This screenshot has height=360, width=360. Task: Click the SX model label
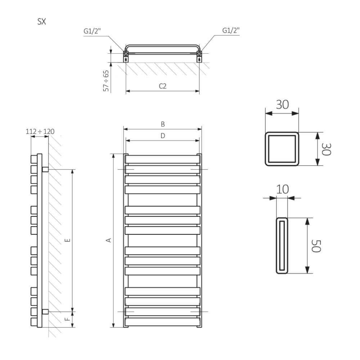pyautogui.click(x=42, y=22)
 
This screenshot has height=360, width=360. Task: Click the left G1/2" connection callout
pyautogui.click(x=92, y=31)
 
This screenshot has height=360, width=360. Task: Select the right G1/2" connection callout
pyautogui.click(x=231, y=31)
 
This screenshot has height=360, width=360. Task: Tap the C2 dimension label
pyautogui.click(x=162, y=86)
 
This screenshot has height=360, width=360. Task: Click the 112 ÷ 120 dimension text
pyautogui.click(x=40, y=131)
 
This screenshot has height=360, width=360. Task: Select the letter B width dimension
pyautogui.click(x=163, y=124)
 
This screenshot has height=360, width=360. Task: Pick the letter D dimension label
pyautogui.click(x=163, y=136)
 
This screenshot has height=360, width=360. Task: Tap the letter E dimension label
pyautogui.click(x=68, y=240)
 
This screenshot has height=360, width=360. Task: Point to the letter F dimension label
pyautogui.click(x=68, y=319)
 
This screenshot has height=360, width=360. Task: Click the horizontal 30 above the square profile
pyautogui.click(x=282, y=104)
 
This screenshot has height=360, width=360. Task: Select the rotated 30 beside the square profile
pyautogui.click(x=326, y=149)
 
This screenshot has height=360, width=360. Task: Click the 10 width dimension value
pyautogui.click(x=283, y=189)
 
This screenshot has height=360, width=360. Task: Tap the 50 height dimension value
pyautogui.click(x=316, y=246)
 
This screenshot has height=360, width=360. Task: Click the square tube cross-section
pyautogui.click(x=282, y=149)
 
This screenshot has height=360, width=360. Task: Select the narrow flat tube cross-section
pyautogui.click(x=282, y=246)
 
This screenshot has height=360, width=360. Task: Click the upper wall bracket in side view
pyautogui.click(x=45, y=169)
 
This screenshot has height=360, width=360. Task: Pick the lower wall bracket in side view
pyautogui.click(x=45, y=311)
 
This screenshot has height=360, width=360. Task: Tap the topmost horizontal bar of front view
pyautogui.click(x=162, y=159)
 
